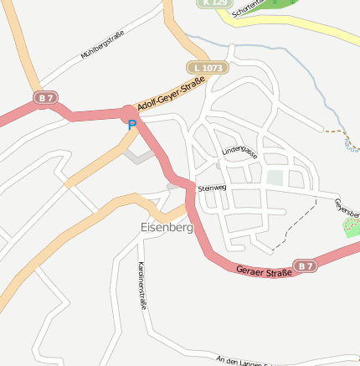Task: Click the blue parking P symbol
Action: [131, 126]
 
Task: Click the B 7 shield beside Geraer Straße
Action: [306, 266]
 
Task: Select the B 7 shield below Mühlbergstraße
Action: [44, 99]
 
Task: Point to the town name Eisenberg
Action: [166, 227]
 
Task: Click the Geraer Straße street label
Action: [264, 271]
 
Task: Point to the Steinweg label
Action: [212, 188]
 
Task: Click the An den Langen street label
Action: [243, 361]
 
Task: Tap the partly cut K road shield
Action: [214, 3]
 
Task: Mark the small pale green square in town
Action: [275, 178]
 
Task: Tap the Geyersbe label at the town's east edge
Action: [346, 206]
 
